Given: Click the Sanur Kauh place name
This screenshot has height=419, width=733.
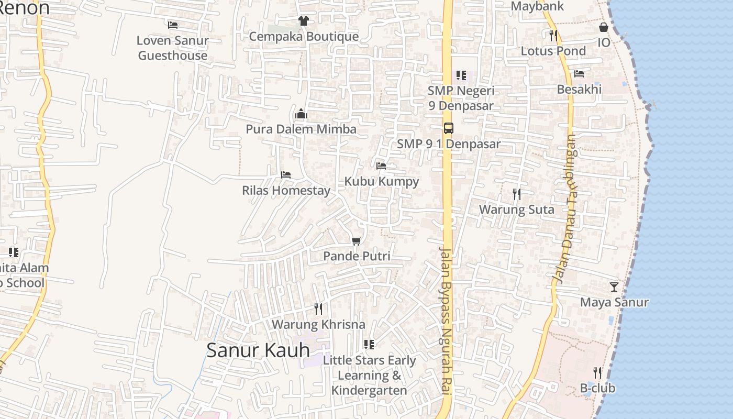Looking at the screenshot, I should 258,350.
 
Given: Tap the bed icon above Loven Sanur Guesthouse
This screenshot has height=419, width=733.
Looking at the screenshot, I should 173,25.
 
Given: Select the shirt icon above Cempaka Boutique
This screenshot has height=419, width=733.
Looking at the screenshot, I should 303,21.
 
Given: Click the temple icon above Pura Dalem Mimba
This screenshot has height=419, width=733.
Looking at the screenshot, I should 301,114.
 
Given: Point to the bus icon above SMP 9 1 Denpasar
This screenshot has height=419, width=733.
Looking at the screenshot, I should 449,128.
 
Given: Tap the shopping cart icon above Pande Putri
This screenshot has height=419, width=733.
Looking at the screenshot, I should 357,241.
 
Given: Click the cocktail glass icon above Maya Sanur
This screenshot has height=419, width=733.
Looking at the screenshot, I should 614,287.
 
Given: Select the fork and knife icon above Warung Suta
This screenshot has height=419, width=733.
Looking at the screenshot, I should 517,194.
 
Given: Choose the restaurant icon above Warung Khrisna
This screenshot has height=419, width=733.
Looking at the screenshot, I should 318,309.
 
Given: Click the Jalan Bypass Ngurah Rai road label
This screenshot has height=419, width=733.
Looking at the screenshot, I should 446,325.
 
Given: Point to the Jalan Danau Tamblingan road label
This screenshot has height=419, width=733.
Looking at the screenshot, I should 564,210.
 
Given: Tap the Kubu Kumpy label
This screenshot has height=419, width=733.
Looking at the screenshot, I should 381,181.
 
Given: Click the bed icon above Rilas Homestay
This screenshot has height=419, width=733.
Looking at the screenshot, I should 285,175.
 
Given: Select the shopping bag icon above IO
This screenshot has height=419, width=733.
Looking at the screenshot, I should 604,27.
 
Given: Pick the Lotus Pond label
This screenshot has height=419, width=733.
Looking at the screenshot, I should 553,51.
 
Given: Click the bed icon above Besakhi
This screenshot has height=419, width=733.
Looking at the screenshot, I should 579,74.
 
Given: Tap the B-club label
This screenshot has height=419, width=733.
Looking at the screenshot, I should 597,388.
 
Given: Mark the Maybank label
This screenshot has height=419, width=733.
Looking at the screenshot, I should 537,6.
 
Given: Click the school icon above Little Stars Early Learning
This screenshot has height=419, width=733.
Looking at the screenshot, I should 369,345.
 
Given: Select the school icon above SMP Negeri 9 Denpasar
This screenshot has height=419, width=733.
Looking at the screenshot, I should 461,75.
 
